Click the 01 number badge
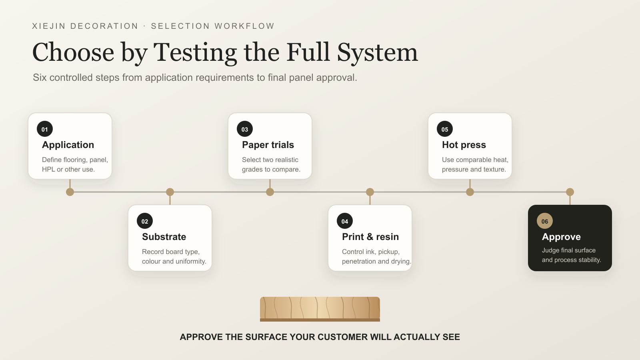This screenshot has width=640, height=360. [x=45, y=129]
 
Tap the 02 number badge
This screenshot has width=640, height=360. [x=145, y=221]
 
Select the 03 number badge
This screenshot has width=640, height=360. [x=245, y=129]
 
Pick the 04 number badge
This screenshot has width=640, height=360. [x=345, y=221]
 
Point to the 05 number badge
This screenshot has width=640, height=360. [x=445, y=129]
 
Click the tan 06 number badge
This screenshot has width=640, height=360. [x=545, y=221]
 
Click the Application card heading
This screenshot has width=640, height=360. [x=68, y=145]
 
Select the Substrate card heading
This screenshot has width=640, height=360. [x=164, y=237]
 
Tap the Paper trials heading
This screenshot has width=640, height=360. [x=268, y=145]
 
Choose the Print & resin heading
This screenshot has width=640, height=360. [x=370, y=237]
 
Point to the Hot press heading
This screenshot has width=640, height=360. [x=464, y=145]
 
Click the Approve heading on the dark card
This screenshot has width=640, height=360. [x=562, y=237]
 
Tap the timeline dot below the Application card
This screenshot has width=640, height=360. [x=70, y=192]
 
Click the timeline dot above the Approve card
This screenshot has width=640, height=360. [x=570, y=192]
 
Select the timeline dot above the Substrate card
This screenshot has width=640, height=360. [x=170, y=192]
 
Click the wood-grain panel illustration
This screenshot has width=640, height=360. [x=320, y=309]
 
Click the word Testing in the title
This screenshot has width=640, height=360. [x=195, y=53]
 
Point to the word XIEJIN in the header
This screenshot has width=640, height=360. [x=49, y=26]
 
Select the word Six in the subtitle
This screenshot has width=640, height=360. [x=40, y=78]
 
